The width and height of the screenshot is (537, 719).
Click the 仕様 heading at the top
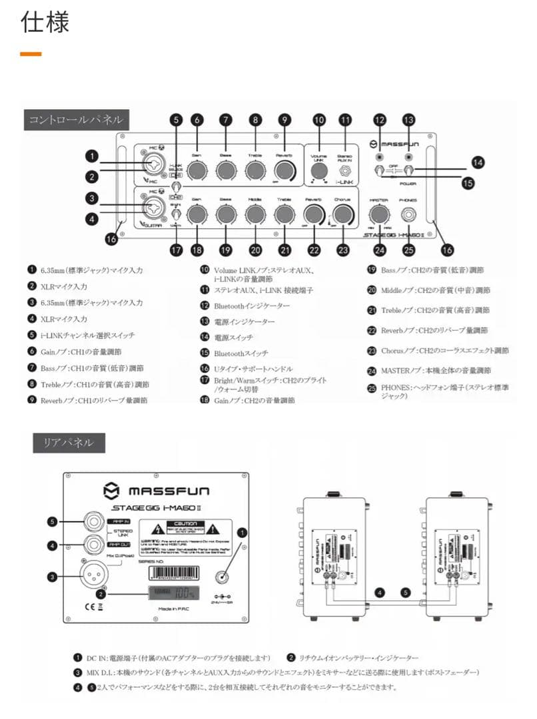pos(45,22)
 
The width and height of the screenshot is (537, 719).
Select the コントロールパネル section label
pos(75,120)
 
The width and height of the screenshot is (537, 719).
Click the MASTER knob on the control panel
pos(380,214)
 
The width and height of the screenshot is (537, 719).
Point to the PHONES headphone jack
pos(408,214)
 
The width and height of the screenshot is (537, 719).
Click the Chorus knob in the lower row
pos(342,214)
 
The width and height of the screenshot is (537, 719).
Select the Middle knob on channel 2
pos(255,214)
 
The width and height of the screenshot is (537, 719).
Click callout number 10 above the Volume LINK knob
pos(319,120)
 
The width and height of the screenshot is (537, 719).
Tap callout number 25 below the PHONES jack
pos(408,249)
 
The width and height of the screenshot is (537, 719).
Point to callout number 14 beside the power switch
pos(478,162)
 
